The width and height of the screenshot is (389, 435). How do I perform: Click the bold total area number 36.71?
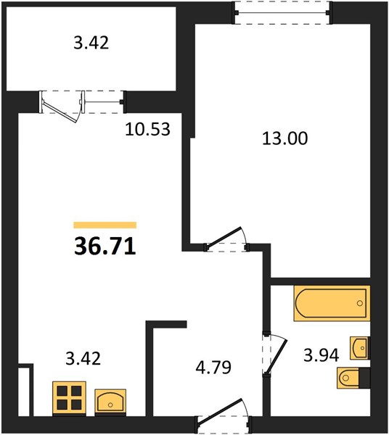click(x=105, y=246)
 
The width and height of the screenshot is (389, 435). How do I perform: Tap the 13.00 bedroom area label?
click(x=285, y=138)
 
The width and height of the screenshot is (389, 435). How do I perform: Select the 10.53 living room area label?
click(x=147, y=129)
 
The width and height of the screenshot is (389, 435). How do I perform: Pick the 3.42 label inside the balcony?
click(x=91, y=43)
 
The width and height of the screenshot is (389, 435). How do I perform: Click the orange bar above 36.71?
click(x=105, y=225)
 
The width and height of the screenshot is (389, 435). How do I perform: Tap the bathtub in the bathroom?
click(x=332, y=303)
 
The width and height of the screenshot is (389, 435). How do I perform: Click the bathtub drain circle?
click(x=360, y=303)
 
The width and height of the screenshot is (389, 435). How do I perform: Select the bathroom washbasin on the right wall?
click(x=360, y=348)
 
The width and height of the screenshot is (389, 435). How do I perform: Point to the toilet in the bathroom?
click(x=353, y=378)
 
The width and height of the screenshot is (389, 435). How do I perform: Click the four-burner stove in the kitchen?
click(x=69, y=399)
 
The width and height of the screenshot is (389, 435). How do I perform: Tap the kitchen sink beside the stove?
click(x=110, y=401)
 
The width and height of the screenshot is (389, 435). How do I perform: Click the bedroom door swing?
click(x=226, y=239)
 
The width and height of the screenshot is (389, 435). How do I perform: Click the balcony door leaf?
click(x=60, y=111)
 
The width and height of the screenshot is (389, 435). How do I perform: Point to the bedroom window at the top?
click(x=282, y=13)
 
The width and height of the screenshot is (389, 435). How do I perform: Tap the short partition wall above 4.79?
click(x=166, y=324)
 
